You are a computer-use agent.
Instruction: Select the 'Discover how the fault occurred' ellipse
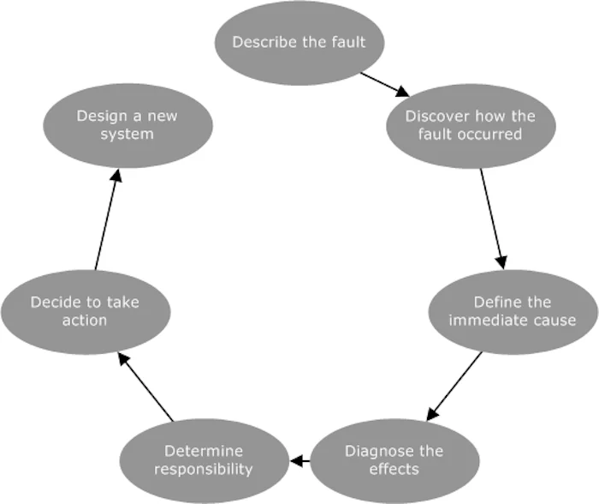pyautogui.click(x=470, y=125)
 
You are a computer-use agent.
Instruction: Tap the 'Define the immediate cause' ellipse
pyautogui.click(x=513, y=311)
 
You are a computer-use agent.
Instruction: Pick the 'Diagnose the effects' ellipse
pyautogui.click(x=394, y=459)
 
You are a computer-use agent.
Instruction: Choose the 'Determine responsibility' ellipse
pyautogui.click(x=204, y=459)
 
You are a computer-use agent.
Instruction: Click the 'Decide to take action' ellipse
pyautogui.click(x=85, y=311)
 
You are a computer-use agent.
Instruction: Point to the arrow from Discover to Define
pyautogui.click(x=492, y=217)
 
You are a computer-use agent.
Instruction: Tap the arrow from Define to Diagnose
pyautogui.click(x=454, y=384)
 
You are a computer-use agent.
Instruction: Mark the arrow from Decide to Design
pyautogui.click(x=106, y=219)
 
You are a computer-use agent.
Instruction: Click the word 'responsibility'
pyautogui.click(x=204, y=469)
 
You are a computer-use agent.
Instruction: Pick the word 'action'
pyautogui.click(x=85, y=321)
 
